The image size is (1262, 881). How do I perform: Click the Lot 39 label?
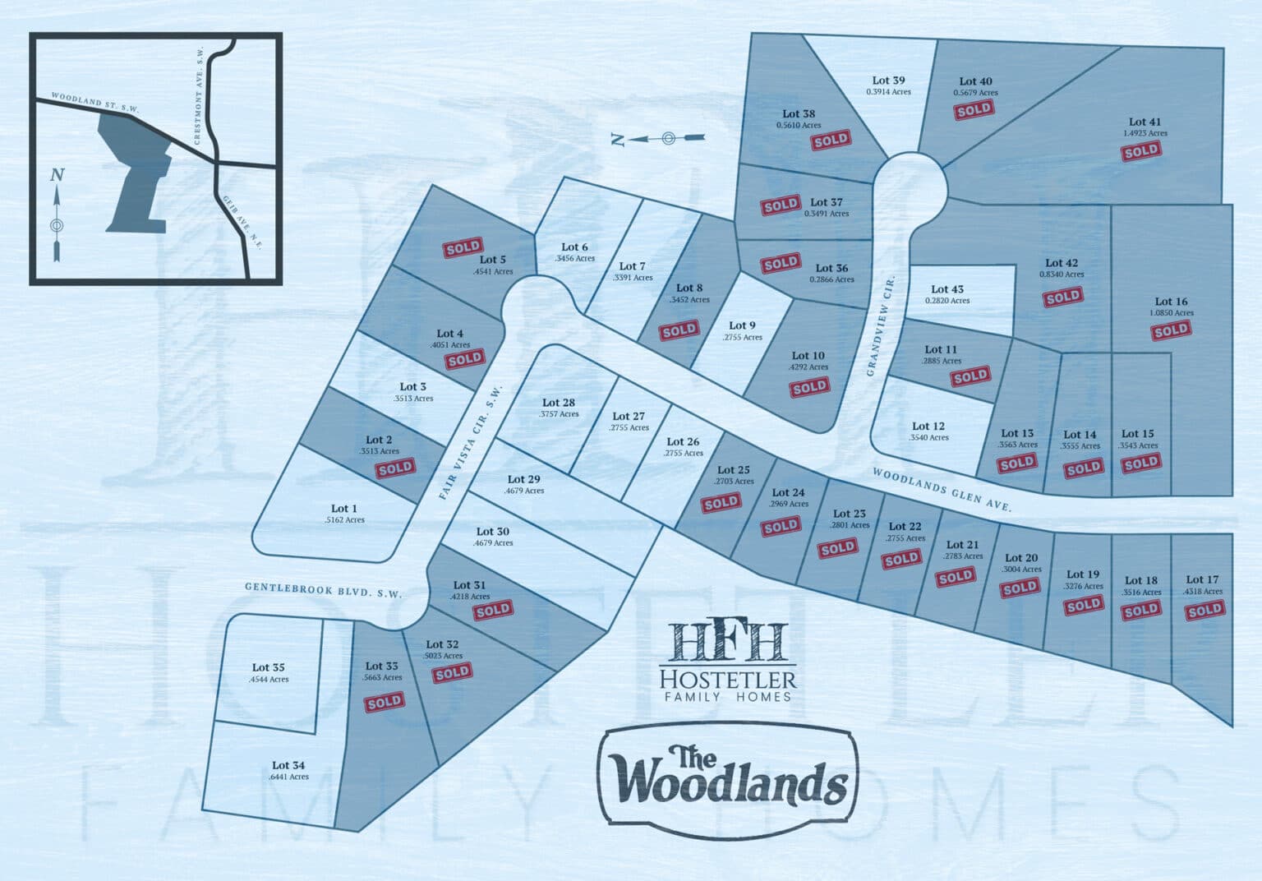pos(888,81)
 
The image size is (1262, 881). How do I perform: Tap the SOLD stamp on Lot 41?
pos(1141,152)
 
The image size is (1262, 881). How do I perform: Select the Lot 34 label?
pos(290,765)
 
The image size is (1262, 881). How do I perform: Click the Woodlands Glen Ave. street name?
pos(940,491)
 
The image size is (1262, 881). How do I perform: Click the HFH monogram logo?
pos(728,641)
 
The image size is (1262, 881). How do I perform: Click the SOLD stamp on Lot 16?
pos(1171,330)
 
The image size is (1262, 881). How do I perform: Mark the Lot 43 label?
pos(947,289)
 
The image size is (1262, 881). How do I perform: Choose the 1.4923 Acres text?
pos(1145,133)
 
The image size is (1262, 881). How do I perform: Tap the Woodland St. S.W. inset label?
pos(95,102)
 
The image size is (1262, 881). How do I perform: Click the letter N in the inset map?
pos(56,174)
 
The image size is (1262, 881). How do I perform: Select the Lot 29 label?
pos(523,479)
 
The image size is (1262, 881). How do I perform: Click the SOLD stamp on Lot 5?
pos(463,247)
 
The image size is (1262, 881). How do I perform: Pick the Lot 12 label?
pos(928,426)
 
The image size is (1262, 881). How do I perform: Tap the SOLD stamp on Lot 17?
pos(1204,610)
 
